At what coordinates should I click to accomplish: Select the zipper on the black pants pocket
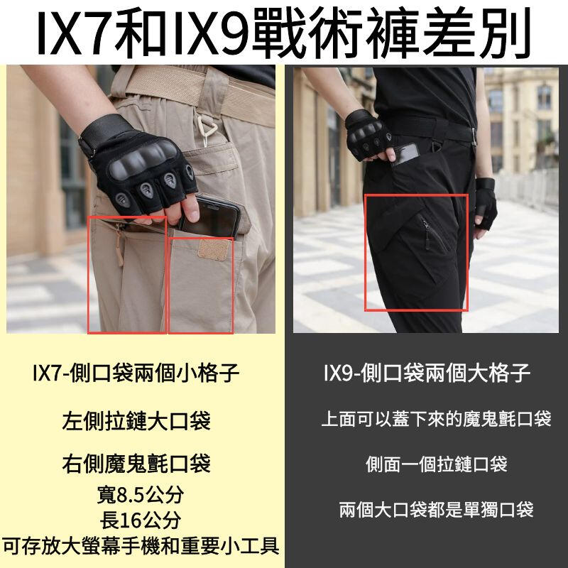coord(427,234)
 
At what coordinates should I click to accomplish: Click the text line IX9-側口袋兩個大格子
coord(427,373)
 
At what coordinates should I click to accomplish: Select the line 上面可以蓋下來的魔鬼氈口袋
coord(436,419)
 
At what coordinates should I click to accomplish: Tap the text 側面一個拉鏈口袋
coord(436,464)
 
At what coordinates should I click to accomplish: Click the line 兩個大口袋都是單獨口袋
coord(436,509)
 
